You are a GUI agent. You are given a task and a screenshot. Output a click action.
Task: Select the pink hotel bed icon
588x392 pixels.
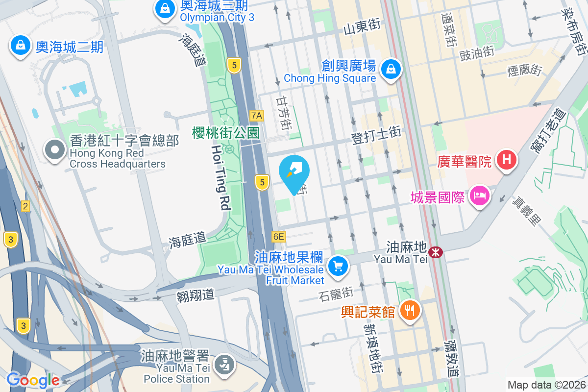pos(480,196)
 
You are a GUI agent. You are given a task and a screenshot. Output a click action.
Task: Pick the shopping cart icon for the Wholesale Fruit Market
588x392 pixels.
pos(338,267)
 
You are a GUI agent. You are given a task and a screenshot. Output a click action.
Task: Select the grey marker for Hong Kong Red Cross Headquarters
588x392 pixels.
pos(55,149)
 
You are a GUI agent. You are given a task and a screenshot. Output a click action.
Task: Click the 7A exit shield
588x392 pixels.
pos(257,116)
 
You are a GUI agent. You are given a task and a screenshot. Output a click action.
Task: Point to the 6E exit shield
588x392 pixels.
pos(278,237)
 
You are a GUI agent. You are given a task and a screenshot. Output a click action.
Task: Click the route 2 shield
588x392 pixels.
pos(25,206)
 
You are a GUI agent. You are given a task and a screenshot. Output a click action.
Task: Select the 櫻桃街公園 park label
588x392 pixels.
pos(225,132)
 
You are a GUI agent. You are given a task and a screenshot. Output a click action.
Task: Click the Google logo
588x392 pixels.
pos(33,380)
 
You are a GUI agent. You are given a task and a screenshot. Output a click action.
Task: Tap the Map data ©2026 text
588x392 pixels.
pos(546,385)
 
